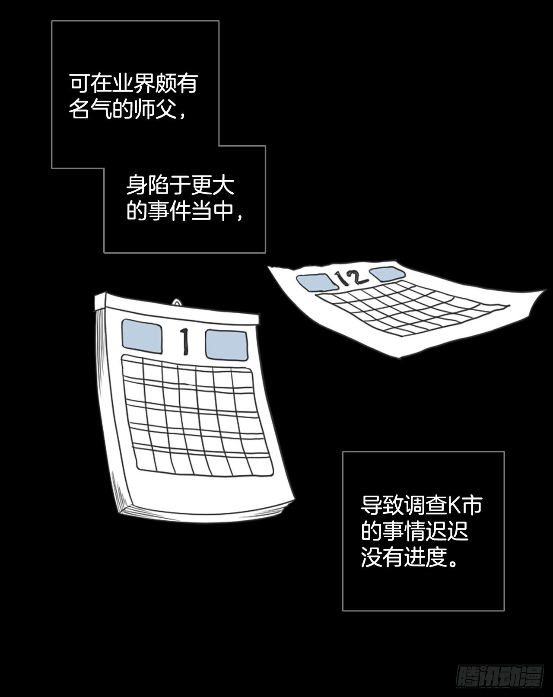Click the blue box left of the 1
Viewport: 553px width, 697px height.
pos(142,337)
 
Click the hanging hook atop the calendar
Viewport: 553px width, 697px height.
pos(177,302)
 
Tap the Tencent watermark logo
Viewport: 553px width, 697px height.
pos(500,677)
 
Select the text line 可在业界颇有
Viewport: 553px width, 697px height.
pos(133,83)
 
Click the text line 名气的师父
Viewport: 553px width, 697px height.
pos(127,109)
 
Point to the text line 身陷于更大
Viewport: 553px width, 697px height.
pos(180,185)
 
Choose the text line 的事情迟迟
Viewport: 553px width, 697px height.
pos(415,531)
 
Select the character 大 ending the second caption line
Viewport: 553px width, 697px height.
pos(224,185)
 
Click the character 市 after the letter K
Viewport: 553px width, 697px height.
pos(472,505)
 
